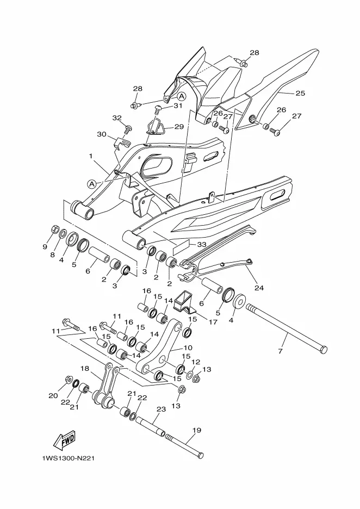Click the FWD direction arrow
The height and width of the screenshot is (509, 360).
click(64, 440)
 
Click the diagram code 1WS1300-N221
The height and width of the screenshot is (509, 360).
click(68, 458)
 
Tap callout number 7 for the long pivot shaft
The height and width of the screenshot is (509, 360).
click(280, 351)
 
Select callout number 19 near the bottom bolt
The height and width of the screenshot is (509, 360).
click(196, 431)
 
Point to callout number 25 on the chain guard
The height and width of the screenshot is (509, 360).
click(300, 93)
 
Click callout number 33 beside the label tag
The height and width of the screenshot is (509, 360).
click(202, 244)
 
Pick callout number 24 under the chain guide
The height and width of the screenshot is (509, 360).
click(259, 287)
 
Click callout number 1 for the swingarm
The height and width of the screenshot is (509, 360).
click(91, 156)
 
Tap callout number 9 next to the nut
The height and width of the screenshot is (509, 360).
click(45, 247)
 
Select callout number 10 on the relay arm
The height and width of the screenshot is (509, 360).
click(188, 347)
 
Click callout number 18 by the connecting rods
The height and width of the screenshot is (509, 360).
click(84, 369)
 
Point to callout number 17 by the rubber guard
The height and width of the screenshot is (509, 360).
click(213, 322)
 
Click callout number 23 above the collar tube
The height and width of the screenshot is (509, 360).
click(162, 409)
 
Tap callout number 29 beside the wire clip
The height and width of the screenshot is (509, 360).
click(179, 127)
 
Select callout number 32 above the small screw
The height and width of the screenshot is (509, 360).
click(117, 118)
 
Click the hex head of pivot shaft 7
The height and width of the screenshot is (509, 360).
click(324, 350)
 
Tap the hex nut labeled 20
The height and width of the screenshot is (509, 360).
click(68, 379)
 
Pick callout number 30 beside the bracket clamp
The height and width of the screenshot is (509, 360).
click(102, 134)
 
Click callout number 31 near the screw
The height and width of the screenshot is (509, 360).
click(178, 106)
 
